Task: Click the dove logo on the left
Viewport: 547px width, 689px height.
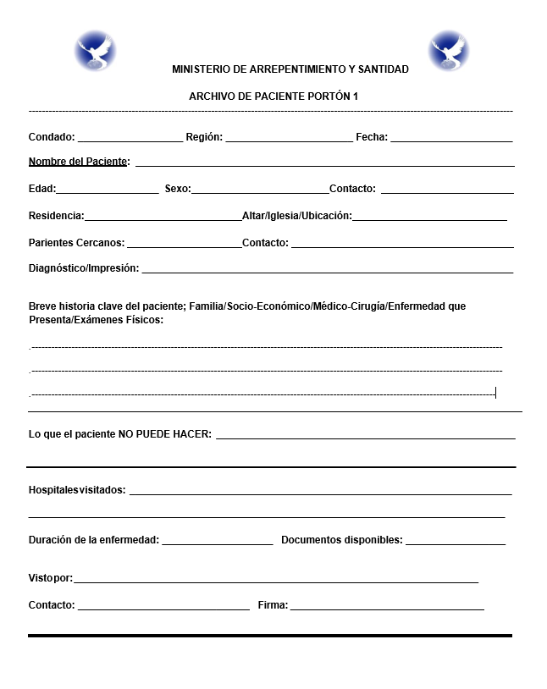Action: (95, 50)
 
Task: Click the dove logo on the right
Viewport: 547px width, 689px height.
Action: (448, 50)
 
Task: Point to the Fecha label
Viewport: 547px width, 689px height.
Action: (372, 136)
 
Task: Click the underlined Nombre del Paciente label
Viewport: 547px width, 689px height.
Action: (79, 162)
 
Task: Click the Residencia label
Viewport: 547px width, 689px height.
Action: (56, 216)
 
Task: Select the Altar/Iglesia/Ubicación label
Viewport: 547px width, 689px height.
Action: (296, 216)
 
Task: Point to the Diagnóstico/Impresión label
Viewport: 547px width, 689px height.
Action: (84, 268)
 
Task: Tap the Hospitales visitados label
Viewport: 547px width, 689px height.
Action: (77, 490)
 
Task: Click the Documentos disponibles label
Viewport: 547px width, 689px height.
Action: (342, 540)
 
